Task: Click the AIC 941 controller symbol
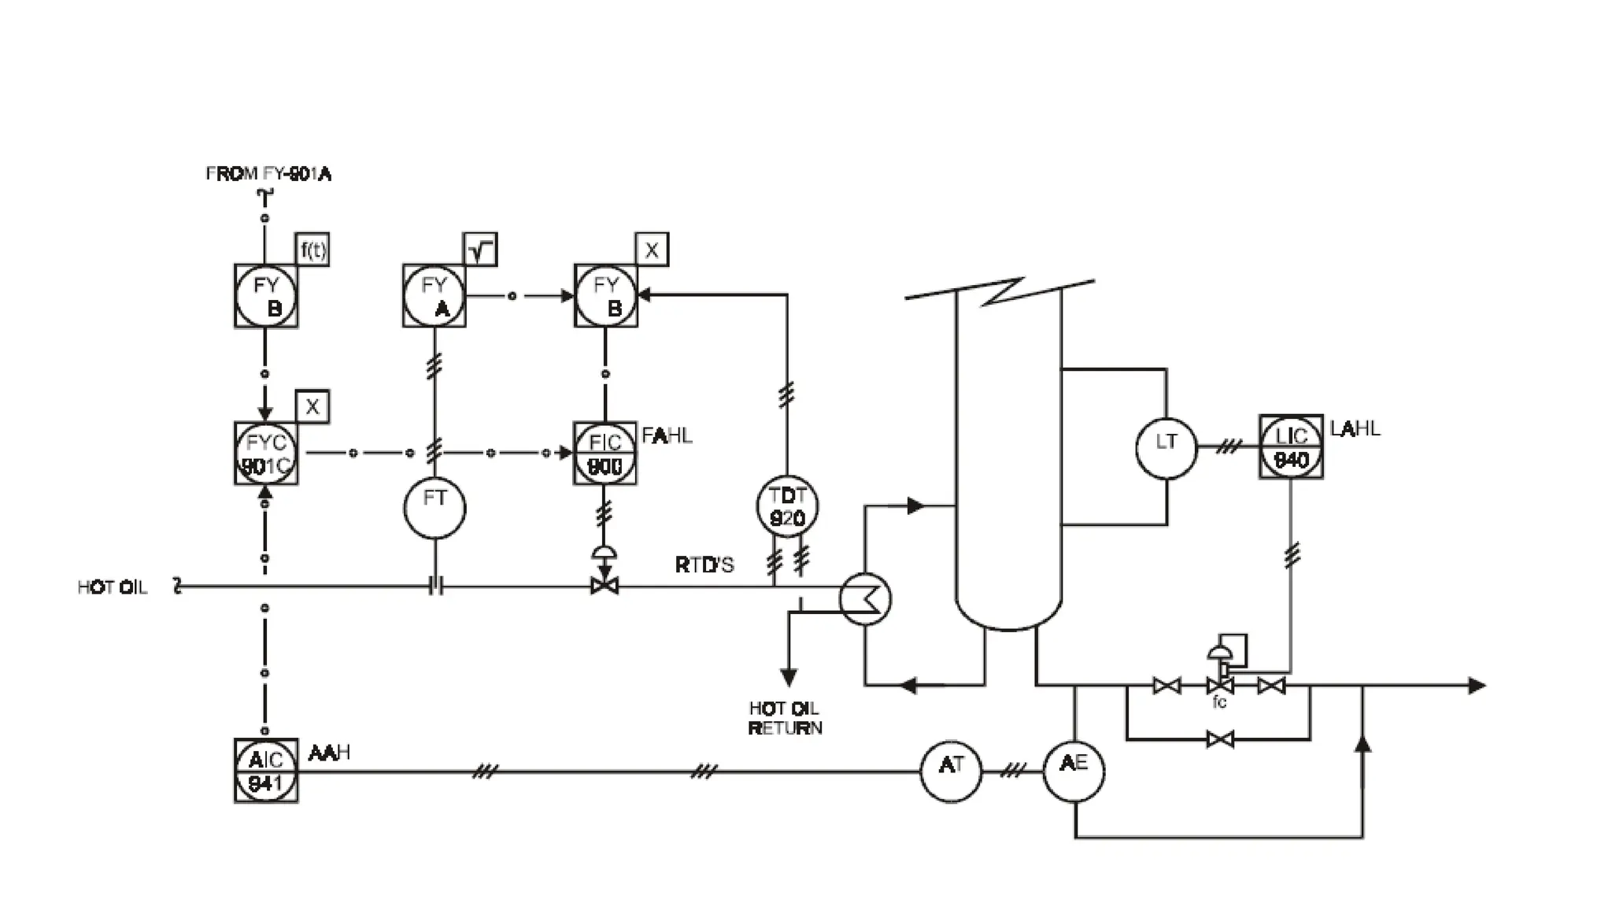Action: [x=266, y=771]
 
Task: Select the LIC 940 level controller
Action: [x=1291, y=447]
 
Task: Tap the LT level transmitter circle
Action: [x=1166, y=447]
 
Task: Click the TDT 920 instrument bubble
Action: [x=787, y=506]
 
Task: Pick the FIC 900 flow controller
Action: [x=604, y=453]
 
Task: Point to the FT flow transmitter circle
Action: [x=434, y=508]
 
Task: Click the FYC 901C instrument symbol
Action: [x=266, y=453]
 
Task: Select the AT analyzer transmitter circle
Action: [x=951, y=771]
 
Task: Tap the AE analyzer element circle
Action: [x=1074, y=771]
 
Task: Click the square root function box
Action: [x=480, y=250]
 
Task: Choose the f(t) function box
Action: [x=312, y=250]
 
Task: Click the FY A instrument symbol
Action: [x=434, y=296]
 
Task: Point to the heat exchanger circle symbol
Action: [x=865, y=599]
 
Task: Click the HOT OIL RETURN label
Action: [x=785, y=718]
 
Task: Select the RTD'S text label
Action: [x=704, y=565]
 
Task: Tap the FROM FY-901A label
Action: [x=268, y=174]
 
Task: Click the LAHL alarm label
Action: [x=1355, y=429]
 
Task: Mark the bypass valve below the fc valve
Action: [x=1219, y=739]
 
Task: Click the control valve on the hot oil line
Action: [x=604, y=586]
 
